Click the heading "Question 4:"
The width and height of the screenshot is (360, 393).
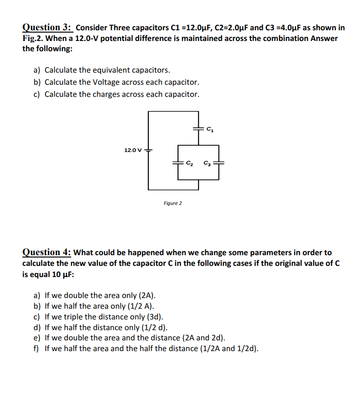pos(47,252)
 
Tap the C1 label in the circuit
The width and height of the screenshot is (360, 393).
pos(210,129)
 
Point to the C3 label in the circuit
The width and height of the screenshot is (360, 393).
pos(207,163)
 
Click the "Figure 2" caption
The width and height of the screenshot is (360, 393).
pos(173,203)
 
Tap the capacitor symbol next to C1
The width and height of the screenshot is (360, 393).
pos(199,128)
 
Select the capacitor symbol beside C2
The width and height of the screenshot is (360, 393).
pos(178,163)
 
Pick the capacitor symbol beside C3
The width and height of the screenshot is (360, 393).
pos(219,163)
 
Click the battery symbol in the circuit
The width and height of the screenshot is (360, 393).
pos(148,150)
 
